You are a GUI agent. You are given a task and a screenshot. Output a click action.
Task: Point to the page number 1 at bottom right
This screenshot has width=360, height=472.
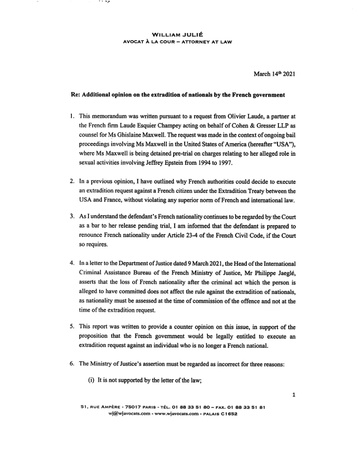(x=293, y=394)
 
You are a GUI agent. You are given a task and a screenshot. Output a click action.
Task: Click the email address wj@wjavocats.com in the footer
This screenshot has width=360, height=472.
(x=128, y=414)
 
